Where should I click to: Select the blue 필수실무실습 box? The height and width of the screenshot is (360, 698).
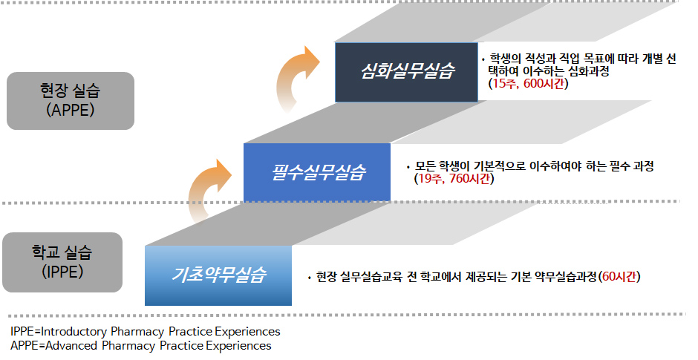316,172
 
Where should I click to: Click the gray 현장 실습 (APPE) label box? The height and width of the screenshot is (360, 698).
70,102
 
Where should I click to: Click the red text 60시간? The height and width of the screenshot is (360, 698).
622,277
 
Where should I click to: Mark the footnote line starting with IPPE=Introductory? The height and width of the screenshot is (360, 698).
145,331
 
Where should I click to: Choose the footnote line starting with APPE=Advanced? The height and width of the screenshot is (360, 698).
141,345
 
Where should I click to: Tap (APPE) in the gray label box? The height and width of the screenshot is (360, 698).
70,112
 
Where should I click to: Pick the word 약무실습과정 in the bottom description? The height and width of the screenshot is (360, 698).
565,277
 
